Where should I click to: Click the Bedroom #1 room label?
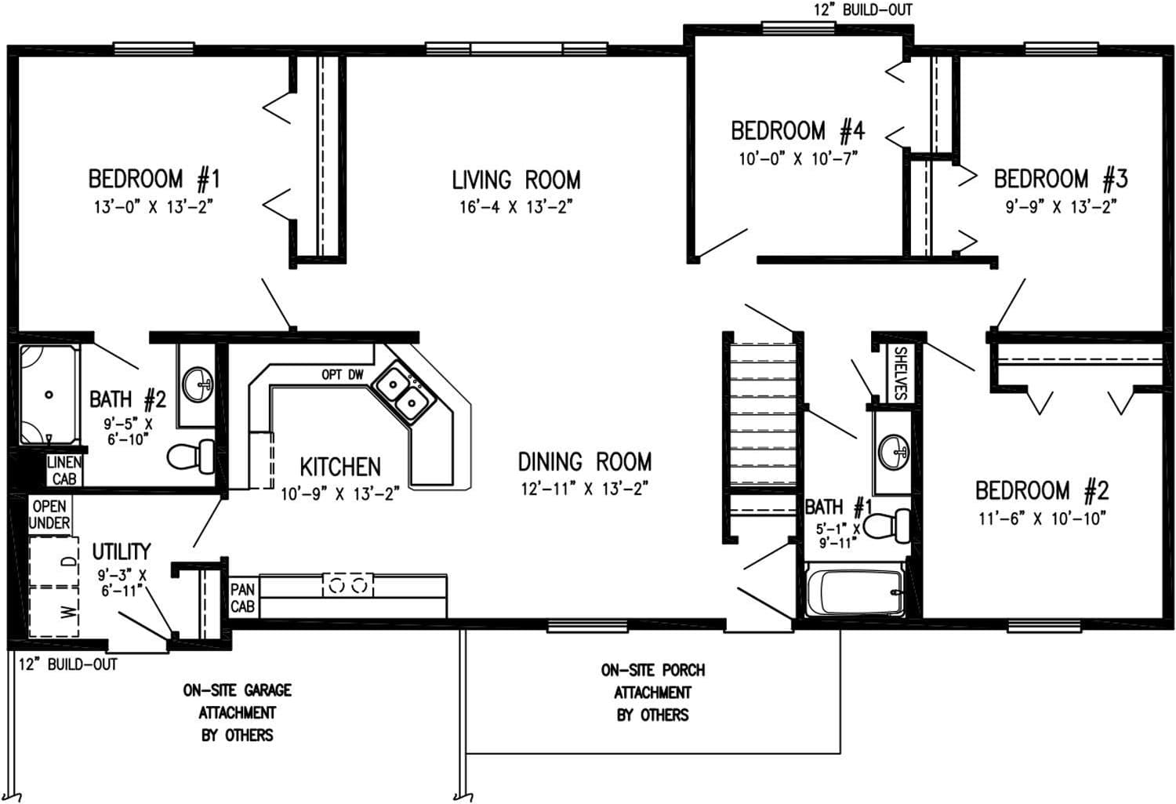click(154, 179)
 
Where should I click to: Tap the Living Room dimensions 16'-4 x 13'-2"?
click(516, 207)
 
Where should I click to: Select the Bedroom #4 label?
click(797, 130)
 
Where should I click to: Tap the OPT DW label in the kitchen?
click(343, 375)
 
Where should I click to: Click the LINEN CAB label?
click(64, 471)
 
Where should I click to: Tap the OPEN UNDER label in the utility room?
click(49, 515)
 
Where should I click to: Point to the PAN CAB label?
click(242, 598)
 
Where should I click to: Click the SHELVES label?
click(900, 373)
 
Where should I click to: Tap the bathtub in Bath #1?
click(855, 592)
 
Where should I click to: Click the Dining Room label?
click(584, 461)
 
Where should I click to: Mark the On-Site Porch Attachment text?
click(652, 693)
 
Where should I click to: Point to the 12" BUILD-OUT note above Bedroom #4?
click(862, 10)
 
